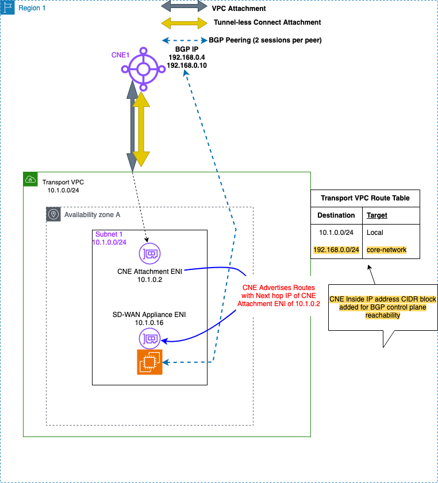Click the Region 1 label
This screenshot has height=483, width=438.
(32, 9)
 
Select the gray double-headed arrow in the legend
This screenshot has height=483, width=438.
(184, 6)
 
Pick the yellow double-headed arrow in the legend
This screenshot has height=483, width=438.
(184, 24)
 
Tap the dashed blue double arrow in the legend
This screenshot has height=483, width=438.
(184, 40)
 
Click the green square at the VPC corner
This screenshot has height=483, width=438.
(30, 179)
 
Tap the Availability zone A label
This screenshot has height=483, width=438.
(92, 215)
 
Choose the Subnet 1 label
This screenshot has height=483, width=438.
(109, 234)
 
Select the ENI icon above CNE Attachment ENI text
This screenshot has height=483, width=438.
(149, 253)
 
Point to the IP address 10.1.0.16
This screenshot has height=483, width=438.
(149, 323)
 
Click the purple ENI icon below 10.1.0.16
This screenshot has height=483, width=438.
(149, 339)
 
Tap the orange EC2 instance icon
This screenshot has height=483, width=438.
(149, 362)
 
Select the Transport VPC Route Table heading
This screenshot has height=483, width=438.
(365, 198)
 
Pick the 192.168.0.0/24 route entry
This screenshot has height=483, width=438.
(336, 250)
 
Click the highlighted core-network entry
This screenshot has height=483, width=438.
(386, 250)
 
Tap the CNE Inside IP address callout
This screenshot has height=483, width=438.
(382, 307)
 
